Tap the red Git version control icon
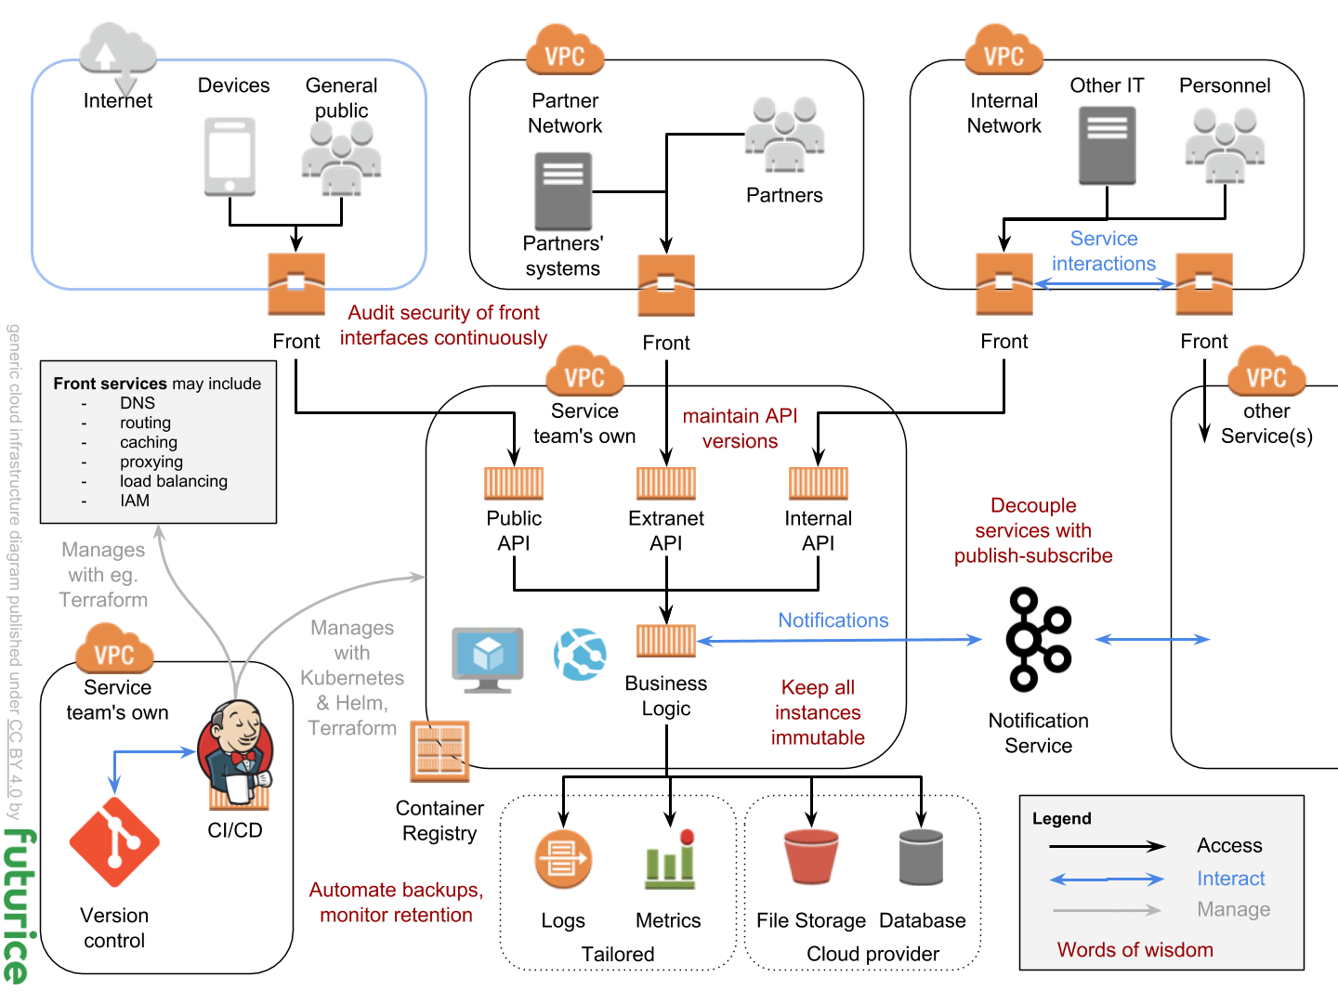click(114, 842)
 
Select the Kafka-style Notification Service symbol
click(1039, 640)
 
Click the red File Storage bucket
click(811, 856)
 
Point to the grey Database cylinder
click(921, 856)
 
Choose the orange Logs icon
click(563, 858)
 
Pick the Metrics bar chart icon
click(670, 858)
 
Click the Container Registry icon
click(439, 751)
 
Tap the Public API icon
click(514, 484)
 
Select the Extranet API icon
click(666, 484)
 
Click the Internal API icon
click(818, 484)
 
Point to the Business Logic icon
click(666, 641)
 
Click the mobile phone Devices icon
click(230, 156)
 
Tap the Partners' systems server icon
click(563, 191)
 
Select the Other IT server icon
click(1107, 146)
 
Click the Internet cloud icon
click(117, 52)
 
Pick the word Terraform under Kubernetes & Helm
click(352, 728)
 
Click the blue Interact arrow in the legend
click(1107, 879)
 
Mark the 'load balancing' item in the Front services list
click(174, 481)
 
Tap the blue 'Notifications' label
click(833, 620)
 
